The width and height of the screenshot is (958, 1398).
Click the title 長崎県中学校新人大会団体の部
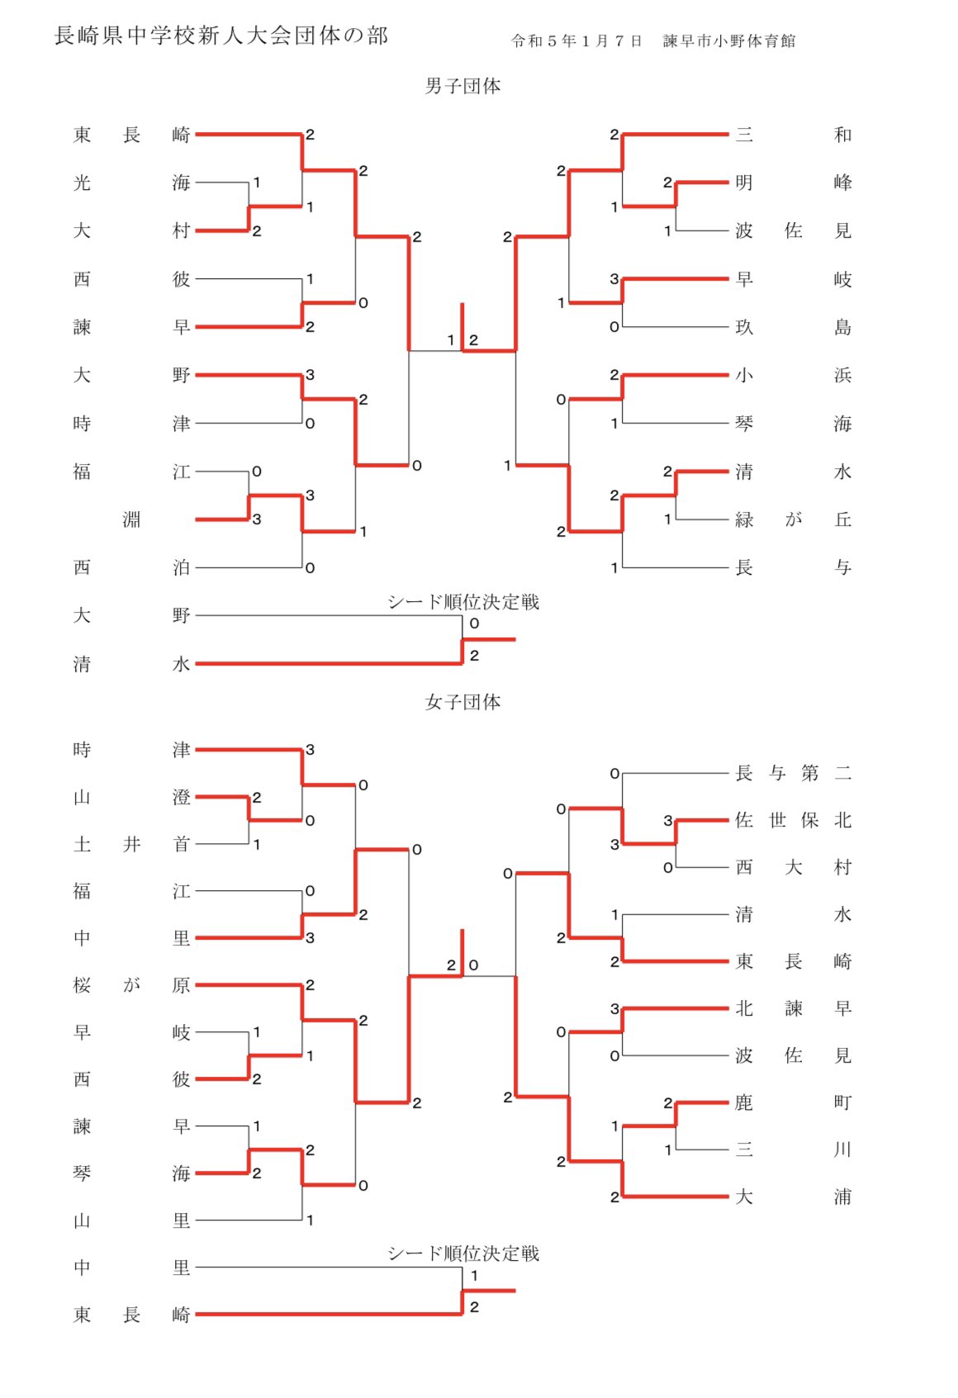point(221,36)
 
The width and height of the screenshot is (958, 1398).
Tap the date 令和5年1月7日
point(576,41)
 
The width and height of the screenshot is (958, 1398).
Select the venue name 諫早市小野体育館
point(729,41)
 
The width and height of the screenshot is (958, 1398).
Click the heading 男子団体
point(462,86)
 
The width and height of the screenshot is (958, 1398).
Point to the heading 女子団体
point(462,702)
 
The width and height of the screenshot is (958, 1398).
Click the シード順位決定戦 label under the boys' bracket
point(463,602)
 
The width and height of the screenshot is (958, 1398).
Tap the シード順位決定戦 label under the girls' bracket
point(463,1253)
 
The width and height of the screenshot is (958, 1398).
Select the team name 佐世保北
point(793,820)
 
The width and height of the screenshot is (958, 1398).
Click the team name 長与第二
point(793,773)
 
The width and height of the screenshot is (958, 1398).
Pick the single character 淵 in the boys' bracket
point(131,519)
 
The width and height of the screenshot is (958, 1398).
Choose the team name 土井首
point(131,844)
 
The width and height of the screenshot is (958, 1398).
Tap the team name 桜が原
point(131,985)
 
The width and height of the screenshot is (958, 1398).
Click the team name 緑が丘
point(793,519)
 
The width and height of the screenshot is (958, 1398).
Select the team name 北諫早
point(793,1008)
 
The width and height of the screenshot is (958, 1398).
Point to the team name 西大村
point(793,867)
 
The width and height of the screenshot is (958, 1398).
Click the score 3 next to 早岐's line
point(614,279)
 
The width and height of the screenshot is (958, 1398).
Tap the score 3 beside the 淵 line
point(257,519)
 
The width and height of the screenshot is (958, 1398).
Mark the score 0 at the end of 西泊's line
point(310,568)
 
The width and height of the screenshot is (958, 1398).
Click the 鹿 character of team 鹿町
point(744,1102)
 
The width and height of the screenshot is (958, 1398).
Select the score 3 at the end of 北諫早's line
point(614,1008)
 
